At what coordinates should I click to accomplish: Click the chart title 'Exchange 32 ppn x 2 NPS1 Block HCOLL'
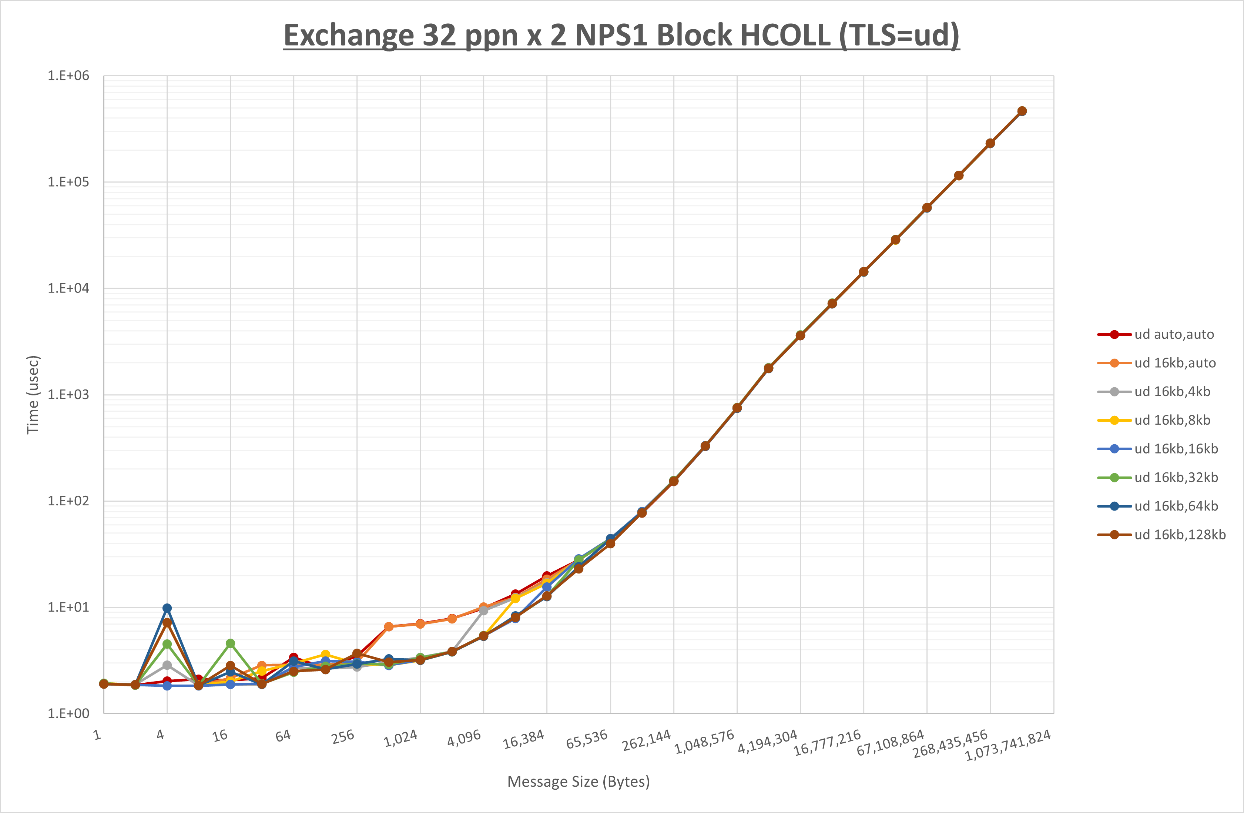[x=621, y=36]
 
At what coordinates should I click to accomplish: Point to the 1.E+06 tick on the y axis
[x=68, y=76]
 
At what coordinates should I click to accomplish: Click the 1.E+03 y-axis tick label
[x=68, y=395]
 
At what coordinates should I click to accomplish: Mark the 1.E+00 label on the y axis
[x=68, y=714]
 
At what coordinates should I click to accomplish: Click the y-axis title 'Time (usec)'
[x=33, y=395]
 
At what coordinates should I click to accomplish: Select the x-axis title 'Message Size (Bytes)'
[x=579, y=782]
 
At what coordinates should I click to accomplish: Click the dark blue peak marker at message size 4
[x=167, y=608]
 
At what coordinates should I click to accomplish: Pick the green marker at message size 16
[x=230, y=643]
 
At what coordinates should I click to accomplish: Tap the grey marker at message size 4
[x=167, y=665]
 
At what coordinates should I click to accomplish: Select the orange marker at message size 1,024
[x=420, y=624]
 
